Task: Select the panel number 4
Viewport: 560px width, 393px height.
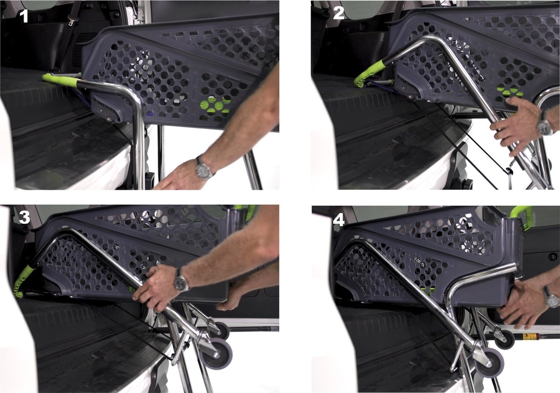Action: coord(339,221)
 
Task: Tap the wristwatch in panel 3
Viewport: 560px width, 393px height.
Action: coord(181,280)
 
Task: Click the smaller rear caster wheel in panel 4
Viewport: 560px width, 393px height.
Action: coord(505,339)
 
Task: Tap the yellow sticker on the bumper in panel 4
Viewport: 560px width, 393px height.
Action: coord(530,336)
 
